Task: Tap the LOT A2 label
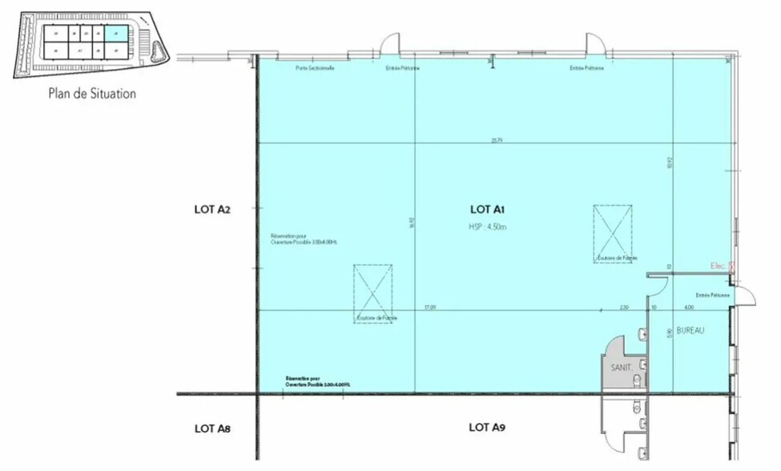pyautogui.click(x=212, y=210)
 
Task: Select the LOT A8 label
pyautogui.click(x=212, y=429)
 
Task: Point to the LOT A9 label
pyautogui.click(x=486, y=428)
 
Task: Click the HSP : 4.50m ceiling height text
pyautogui.click(x=488, y=227)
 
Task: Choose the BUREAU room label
pyautogui.click(x=690, y=330)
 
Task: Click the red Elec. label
pyautogui.click(x=719, y=266)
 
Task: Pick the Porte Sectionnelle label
pyautogui.click(x=315, y=68)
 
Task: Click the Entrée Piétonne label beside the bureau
pyautogui.click(x=712, y=296)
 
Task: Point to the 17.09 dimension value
pyautogui.click(x=429, y=307)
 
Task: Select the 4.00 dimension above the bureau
pyautogui.click(x=688, y=307)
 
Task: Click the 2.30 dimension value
pyautogui.click(x=624, y=307)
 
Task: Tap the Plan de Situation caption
pyautogui.click(x=92, y=94)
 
